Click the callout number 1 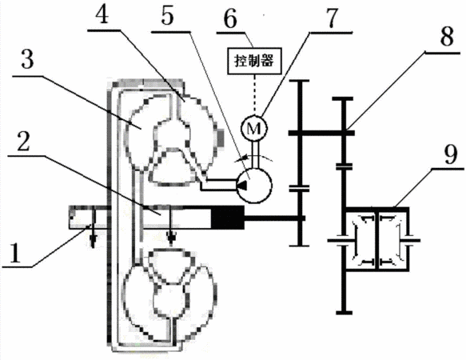pyautogui.click(x=15, y=253)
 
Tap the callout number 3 pyautogui.click(x=27, y=58)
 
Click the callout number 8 pyautogui.click(x=446, y=37)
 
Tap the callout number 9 pyautogui.click(x=450, y=154)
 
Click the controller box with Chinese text pyautogui.click(x=254, y=61)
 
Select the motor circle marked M pyautogui.click(x=254, y=128)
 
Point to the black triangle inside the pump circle pyautogui.click(x=241, y=185)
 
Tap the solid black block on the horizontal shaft pyautogui.click(x=228, y=218)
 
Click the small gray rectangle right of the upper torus pyautogui.click(x=221, y=138)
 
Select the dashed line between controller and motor pyautogui.click(x=254, y=94)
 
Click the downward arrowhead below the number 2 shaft pyautogui.click(x=171, y=239)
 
